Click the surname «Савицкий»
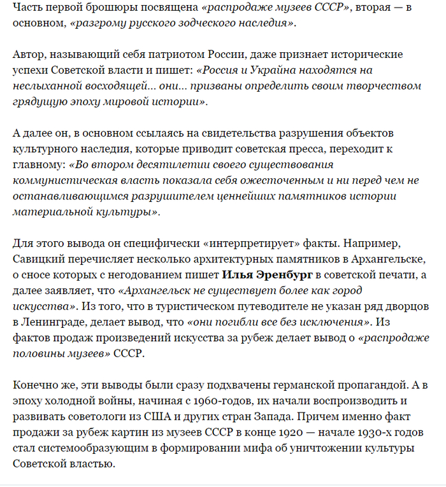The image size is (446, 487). coord(38,260)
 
